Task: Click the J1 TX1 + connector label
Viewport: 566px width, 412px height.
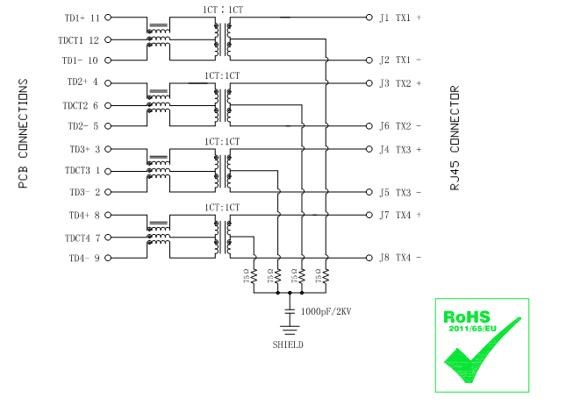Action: (399, 18)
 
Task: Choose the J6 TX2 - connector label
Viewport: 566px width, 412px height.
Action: (399, 126)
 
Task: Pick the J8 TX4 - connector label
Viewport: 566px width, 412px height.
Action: (399, 258)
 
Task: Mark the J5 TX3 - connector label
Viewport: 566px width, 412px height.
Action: (399, 192)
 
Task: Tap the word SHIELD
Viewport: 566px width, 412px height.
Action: (288, 345)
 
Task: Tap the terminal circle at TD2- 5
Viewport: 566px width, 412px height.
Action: (109, 126)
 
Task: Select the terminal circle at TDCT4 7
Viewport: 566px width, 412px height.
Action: (109, 237)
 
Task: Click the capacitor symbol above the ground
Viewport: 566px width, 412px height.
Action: (290, 311)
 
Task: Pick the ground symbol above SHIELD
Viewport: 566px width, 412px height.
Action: (290, 329)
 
